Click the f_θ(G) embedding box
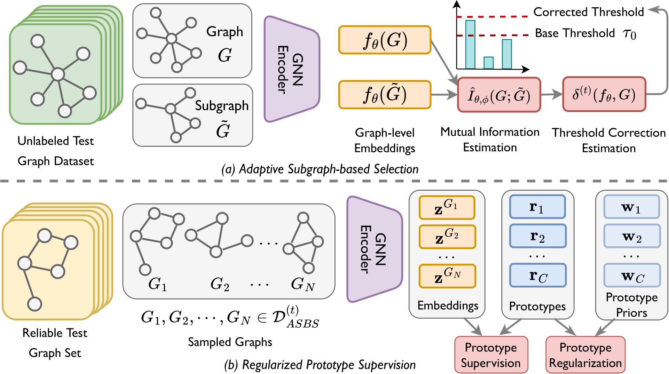click(385, 40)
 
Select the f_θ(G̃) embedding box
click(385, 95)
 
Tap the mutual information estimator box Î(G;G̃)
click(499, 95)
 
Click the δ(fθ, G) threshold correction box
click(604, 94)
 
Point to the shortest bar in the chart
click(489, 63)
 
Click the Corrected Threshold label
click(589, 12)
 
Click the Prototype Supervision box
click(491, 355)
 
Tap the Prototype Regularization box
click(585, 355)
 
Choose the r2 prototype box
click(537, 236)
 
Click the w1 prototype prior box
click(631, 207)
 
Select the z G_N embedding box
click(447, 276)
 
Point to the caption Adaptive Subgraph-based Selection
click(320, 169)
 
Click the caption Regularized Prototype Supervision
click(320, 365)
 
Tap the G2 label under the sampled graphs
click(220, 284)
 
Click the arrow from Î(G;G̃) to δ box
click(552, 94)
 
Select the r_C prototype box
click(538, 275)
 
